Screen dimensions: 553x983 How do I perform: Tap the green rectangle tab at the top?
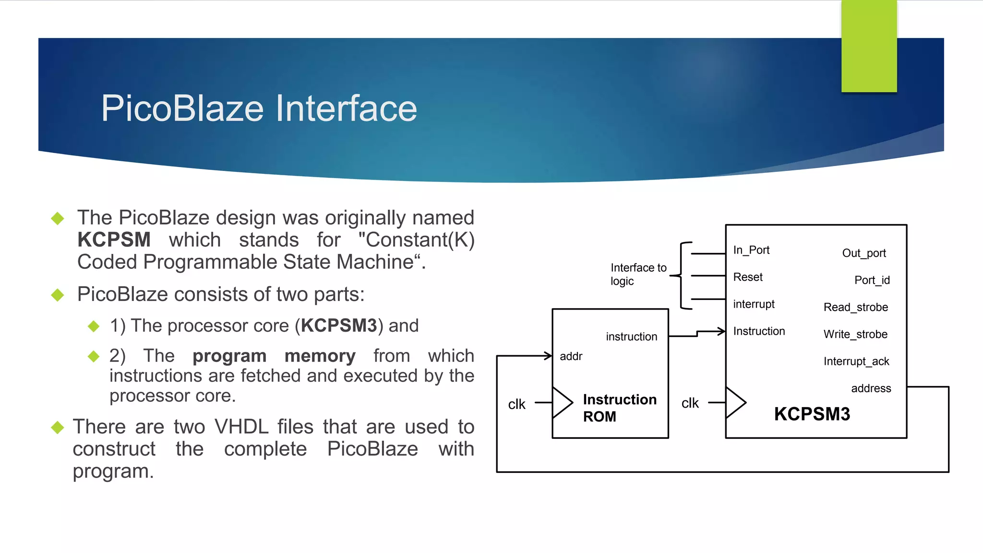click(x=869, y=46)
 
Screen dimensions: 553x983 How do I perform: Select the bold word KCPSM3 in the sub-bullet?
click(x=339, y=325)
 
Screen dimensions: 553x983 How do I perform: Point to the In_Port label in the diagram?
click(x=751, y=250)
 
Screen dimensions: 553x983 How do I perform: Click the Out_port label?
click(x=864, y=253)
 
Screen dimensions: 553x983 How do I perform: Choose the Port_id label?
click(x=872, y=280)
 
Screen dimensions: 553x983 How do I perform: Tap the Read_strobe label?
click(x=856, y=307)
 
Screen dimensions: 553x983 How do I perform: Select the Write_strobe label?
click(x=855, y=334)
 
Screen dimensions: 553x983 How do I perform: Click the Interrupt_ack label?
click(x=856, y=361)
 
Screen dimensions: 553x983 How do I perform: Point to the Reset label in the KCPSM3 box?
click(x=748, y=277)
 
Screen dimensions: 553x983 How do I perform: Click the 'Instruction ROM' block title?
click(x=619, y=408)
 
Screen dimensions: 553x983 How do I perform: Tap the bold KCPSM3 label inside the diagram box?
click(x=812, y=414)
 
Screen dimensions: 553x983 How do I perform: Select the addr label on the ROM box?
click(x=571, y=356)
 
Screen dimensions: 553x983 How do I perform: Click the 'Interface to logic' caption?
click(x=638, y=274)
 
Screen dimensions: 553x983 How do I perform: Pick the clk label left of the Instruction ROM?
click(x=516, y=404)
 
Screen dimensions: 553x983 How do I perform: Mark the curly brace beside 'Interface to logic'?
click(x=682, y=276)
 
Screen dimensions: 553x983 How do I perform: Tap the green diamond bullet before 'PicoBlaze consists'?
click(x=58, y=295)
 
